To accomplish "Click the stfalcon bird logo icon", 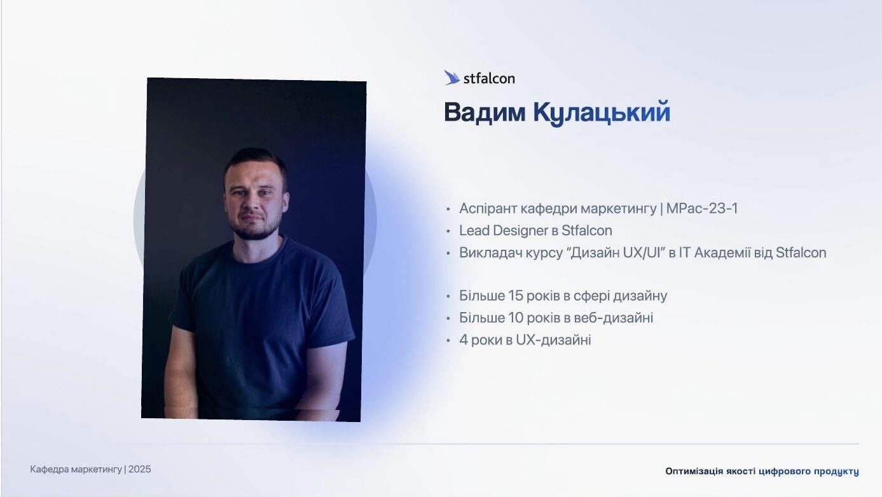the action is coord(451,78).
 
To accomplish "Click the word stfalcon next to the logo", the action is coord(489,79).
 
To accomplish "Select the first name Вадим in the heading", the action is coord(485,113).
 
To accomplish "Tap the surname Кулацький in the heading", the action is coord(602,113).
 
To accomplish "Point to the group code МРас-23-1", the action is coord(701,208).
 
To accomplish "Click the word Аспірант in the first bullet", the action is coord(488,208).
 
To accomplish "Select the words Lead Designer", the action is coord(504,231).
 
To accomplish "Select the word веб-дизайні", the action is coord(614,318).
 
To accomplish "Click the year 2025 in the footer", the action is coord(139,470).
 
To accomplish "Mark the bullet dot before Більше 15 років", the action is coord(448,296).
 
